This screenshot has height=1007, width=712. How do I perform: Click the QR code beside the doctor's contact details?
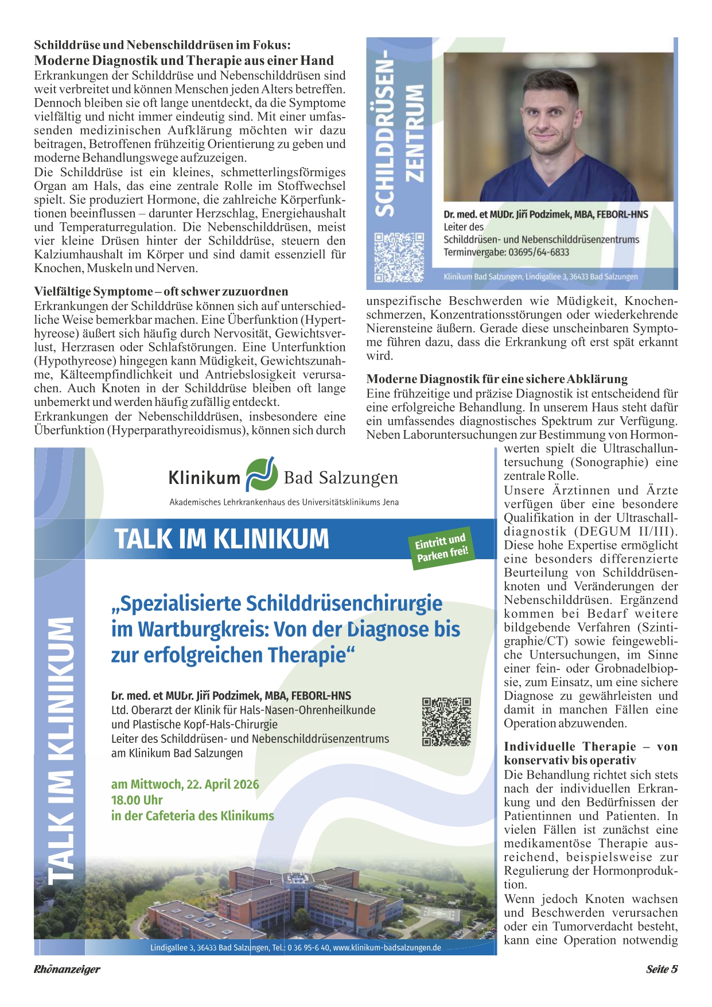(x=399, y=257)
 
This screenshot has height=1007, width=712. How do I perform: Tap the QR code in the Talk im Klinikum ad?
(x=446, y=721)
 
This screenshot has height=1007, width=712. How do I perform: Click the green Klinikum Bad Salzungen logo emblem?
(x=262, y=475)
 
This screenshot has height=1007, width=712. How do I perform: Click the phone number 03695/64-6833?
(x=539, y=252)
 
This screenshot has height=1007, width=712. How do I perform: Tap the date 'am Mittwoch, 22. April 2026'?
(x=185, y=784)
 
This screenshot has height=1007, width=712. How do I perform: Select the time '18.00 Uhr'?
(x=137, y=800)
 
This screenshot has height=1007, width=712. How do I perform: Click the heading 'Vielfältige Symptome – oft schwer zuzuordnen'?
(x=161, y=291)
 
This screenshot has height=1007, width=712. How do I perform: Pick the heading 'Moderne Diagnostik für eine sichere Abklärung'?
(x=497, y=379)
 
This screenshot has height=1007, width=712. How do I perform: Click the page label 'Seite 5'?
(x=662, y=969)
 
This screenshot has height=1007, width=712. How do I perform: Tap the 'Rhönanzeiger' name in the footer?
(x=67, y=969)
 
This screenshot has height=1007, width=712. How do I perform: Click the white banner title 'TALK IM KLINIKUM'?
(x=222, y=539)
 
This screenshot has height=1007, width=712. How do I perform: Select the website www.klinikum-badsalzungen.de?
(x=387, y=947)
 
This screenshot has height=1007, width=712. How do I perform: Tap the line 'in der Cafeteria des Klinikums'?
(x=192, y=816)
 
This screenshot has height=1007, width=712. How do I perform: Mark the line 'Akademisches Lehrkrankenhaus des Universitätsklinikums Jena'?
(x=284, y=502)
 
